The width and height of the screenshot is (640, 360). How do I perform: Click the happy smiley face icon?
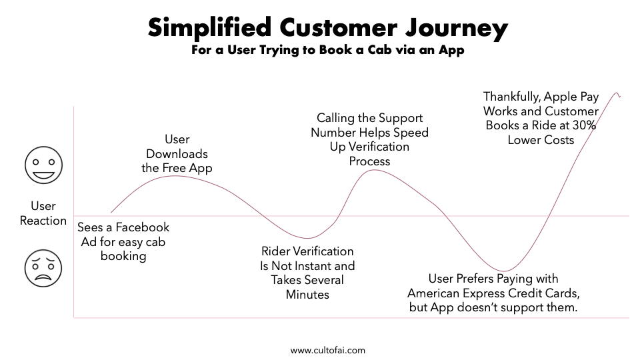[x=43, y=165]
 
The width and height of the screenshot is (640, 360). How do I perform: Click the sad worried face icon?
[x=43, y=268]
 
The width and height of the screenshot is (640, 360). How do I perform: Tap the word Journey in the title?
[x=456, y=29]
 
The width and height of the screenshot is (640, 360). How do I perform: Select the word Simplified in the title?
[x=210, y=28]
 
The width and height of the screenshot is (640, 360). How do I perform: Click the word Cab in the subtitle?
[x=381, y=50]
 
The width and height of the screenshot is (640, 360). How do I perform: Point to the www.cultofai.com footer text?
[x=328, y=350]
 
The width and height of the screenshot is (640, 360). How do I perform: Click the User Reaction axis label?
[x=43, y=213]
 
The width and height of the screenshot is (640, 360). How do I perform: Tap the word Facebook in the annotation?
[x=143, y=227]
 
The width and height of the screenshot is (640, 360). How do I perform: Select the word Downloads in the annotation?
[x=177, y=154]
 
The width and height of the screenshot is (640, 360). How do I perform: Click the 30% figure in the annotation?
[x=585, y=125]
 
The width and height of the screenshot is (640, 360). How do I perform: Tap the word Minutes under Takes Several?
[x=307, y=294]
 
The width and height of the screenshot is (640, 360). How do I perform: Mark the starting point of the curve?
[x=111, y=213]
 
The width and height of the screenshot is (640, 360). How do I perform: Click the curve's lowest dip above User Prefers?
[x=505, y=271]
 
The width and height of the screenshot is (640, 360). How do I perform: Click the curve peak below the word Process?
[x=373, y=170]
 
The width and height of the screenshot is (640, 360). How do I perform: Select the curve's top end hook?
[x=617, y=94]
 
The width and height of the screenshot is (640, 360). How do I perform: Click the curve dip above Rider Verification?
[x=307, y=238]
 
